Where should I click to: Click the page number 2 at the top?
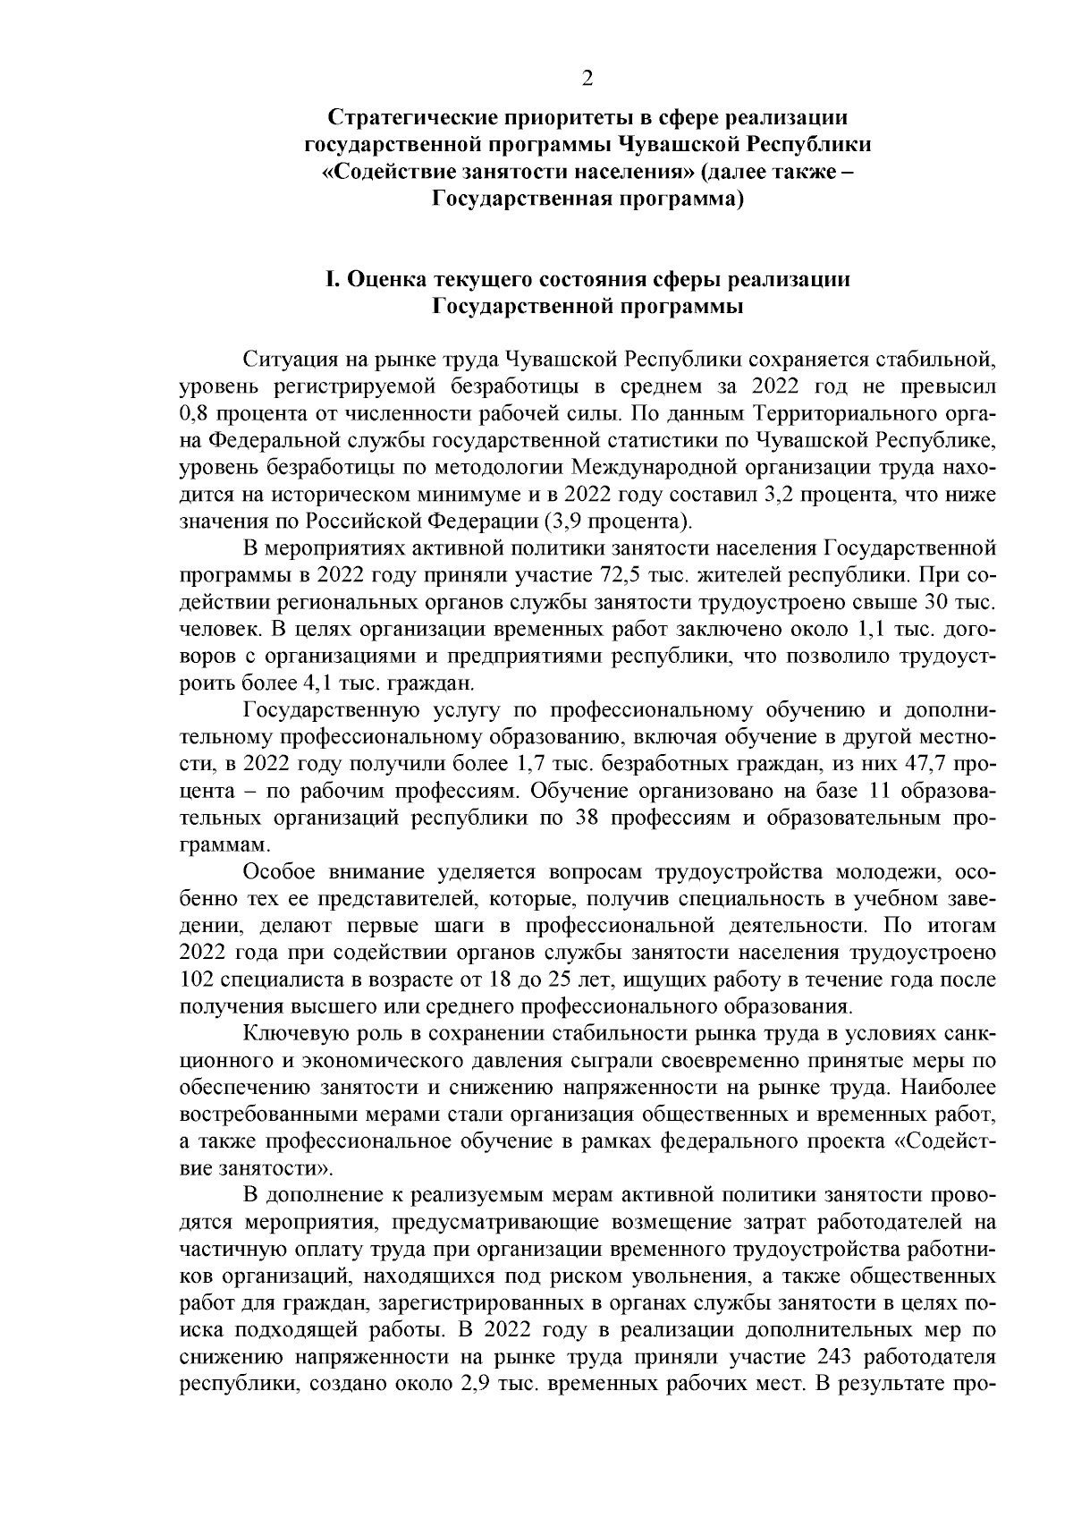[587, 79]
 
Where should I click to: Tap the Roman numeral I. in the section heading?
[332, 280]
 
